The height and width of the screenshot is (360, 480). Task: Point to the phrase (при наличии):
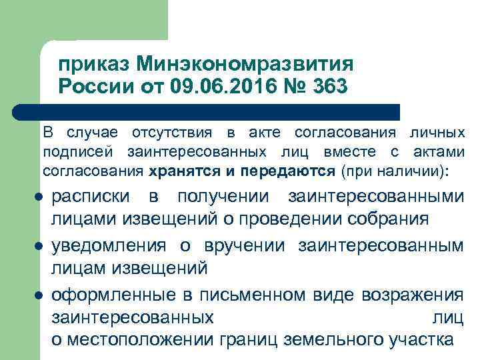coord(395,171)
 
